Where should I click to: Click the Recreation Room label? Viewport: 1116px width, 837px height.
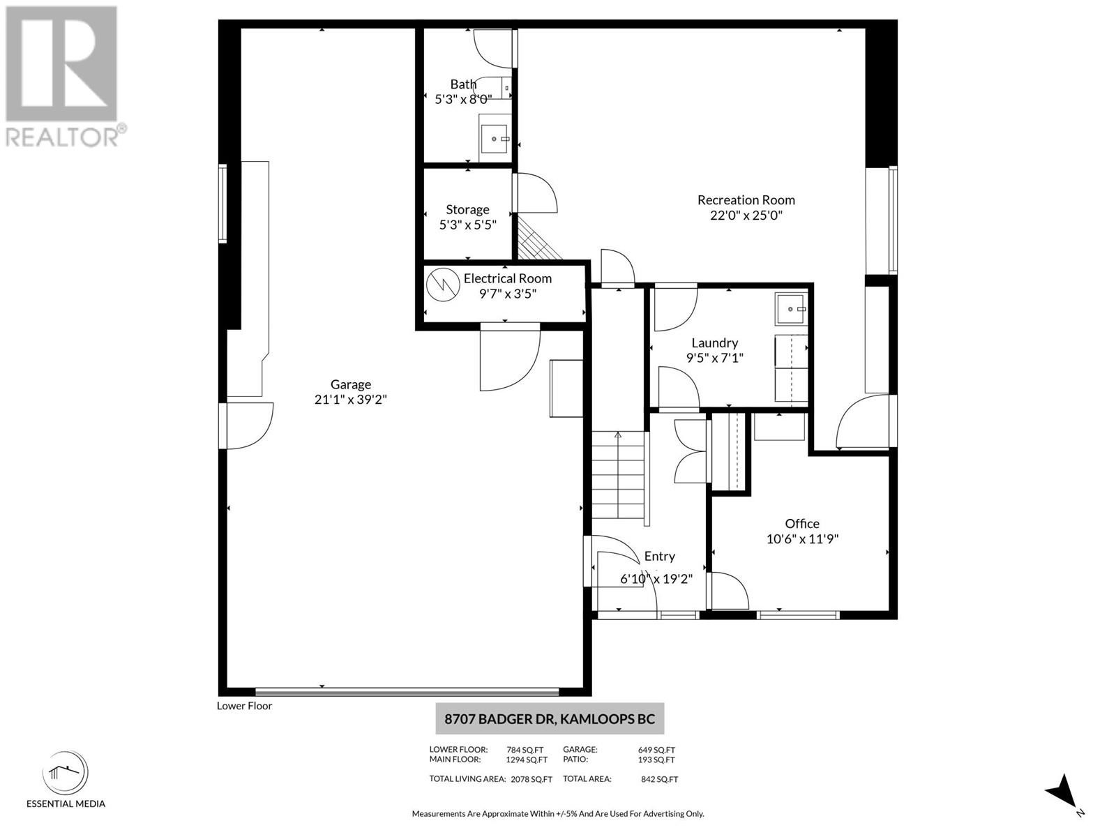tap(746, 200)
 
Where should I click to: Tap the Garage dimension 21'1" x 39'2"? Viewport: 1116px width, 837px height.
tap(350, 400)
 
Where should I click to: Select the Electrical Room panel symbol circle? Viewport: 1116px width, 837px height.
tap(440, 284)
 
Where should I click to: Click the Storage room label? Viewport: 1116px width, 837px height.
tap(467, 209)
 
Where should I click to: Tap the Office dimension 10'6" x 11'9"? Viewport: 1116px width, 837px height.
tap(801, 538)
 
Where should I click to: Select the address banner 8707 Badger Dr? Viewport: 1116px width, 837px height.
tap(550, 718)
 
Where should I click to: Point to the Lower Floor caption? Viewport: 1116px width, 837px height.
tap(244, 706)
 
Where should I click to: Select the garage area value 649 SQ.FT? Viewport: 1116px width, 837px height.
tap(656, 750)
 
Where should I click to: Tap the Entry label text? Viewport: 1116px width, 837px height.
tap(659, 556)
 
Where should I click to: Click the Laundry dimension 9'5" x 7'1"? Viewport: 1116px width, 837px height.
tap(714, 358)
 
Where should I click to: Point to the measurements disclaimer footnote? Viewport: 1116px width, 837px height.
tap(557, 813)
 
